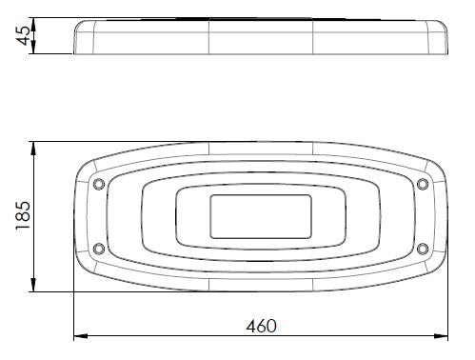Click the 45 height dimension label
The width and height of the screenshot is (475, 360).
(23, 35)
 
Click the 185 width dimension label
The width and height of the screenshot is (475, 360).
(23, 215)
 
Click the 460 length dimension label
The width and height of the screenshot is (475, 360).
(261, 326)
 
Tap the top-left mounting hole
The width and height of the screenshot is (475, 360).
(99, 184)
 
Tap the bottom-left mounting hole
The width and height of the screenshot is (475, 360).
(99, 249)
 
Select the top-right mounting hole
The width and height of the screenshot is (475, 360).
(423, 184)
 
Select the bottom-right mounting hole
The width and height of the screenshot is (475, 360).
(423, 249)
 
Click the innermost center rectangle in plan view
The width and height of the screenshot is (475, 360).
(261, 217)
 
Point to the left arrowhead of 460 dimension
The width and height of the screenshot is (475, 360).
(80, 335)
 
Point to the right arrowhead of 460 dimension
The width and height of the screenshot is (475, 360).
(441, 335)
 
